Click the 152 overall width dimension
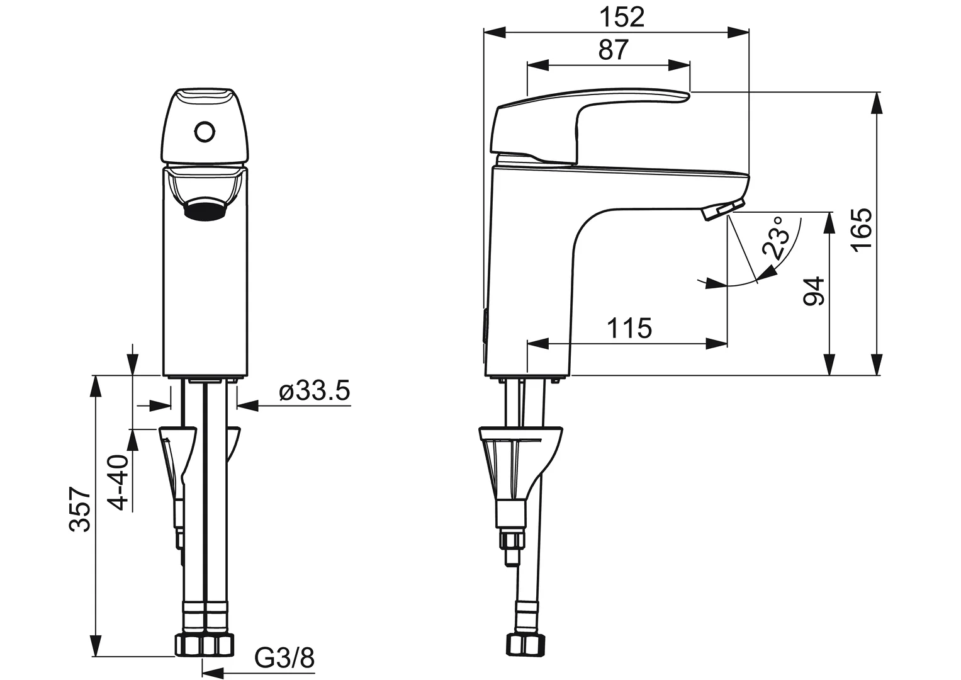tap(622, 18)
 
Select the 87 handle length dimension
tap(614, 50)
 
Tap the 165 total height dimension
tap(862, 230)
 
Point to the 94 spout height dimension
tap(814, 292)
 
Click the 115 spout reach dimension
tap(629, 329)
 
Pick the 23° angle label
tap(778, 237)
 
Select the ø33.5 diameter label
tap(315, 391)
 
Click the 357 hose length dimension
tap(80, 509)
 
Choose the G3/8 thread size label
tap(284, 658)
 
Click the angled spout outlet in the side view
tap(723, 209)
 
